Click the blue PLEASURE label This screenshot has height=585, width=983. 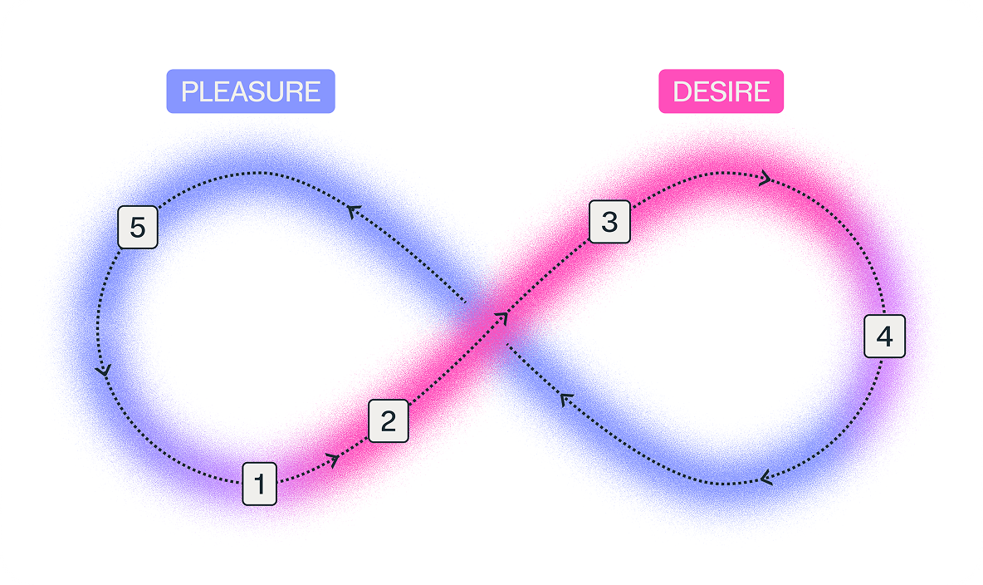coord(251,91)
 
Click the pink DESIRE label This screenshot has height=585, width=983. coord(721,91)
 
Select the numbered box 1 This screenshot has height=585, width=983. coord(260,484)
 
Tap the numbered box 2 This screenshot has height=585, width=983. coord(388,420)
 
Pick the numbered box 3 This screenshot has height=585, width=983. coord(609,222)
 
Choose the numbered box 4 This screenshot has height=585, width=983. coord(884,337)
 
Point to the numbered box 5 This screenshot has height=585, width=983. coord(138,227)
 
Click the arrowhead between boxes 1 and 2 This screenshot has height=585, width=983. coord(334,461)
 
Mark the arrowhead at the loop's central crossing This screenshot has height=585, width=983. coord(501,319)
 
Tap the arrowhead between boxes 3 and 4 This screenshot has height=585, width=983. coord(765,179)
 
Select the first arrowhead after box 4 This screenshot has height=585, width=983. coord(765,479)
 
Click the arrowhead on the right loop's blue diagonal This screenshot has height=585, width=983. coord(566,399)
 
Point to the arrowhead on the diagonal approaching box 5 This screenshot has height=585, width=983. coord(355,211)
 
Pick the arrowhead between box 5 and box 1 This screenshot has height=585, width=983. coord(103,371)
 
